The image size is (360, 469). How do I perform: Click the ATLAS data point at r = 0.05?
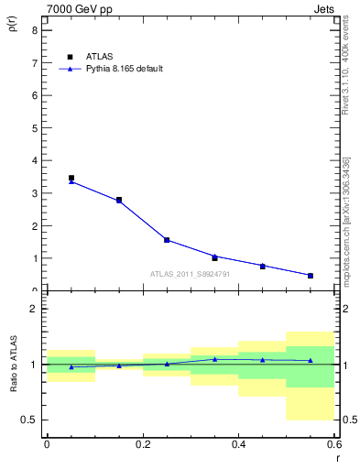coord(71,179)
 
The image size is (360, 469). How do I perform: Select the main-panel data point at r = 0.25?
coord(167,240)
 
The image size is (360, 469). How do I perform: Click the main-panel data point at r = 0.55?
coord(311,275)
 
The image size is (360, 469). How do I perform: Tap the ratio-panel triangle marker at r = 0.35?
coord(214,359)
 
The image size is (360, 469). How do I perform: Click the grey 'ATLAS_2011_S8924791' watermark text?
coord(191,274)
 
